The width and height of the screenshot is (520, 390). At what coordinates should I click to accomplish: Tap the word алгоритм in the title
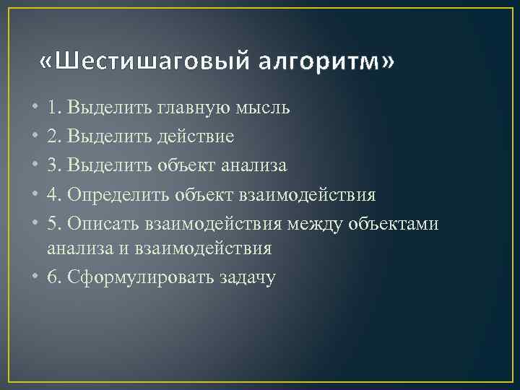coord(326,64)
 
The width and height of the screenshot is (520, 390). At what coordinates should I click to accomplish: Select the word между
coord(316,224)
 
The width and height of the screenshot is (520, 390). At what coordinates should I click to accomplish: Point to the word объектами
coord(394,224)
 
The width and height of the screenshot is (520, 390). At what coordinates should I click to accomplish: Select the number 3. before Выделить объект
coord(53,165)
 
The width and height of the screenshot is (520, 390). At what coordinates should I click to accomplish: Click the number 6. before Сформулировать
coord(53,277)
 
